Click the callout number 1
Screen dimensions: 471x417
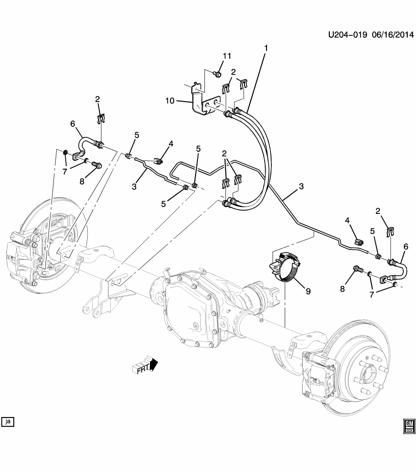(x=266, y=48)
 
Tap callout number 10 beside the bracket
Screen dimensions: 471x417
(x=169, y=101)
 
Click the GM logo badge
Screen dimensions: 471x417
(x=409, y=425)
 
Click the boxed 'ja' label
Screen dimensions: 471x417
(x=7, y=421)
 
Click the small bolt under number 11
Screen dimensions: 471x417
(x=217, y=74)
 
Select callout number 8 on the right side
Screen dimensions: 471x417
(x=343, y=289)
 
